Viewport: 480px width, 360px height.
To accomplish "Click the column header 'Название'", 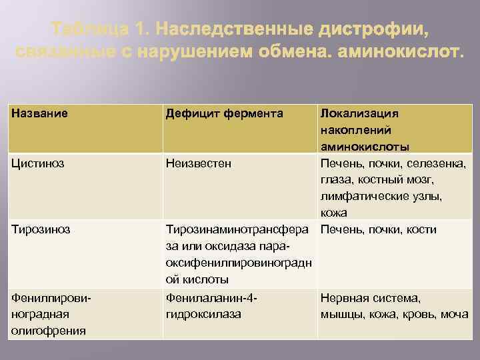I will (39, 113).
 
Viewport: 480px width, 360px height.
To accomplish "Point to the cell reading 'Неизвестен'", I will (198, 163).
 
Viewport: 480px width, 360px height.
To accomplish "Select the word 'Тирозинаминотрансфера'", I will (239, 230).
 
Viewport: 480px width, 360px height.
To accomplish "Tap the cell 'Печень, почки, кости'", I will (378, 230).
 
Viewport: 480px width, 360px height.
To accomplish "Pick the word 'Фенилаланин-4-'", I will (211, 298).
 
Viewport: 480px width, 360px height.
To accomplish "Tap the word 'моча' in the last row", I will (453, 314).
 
